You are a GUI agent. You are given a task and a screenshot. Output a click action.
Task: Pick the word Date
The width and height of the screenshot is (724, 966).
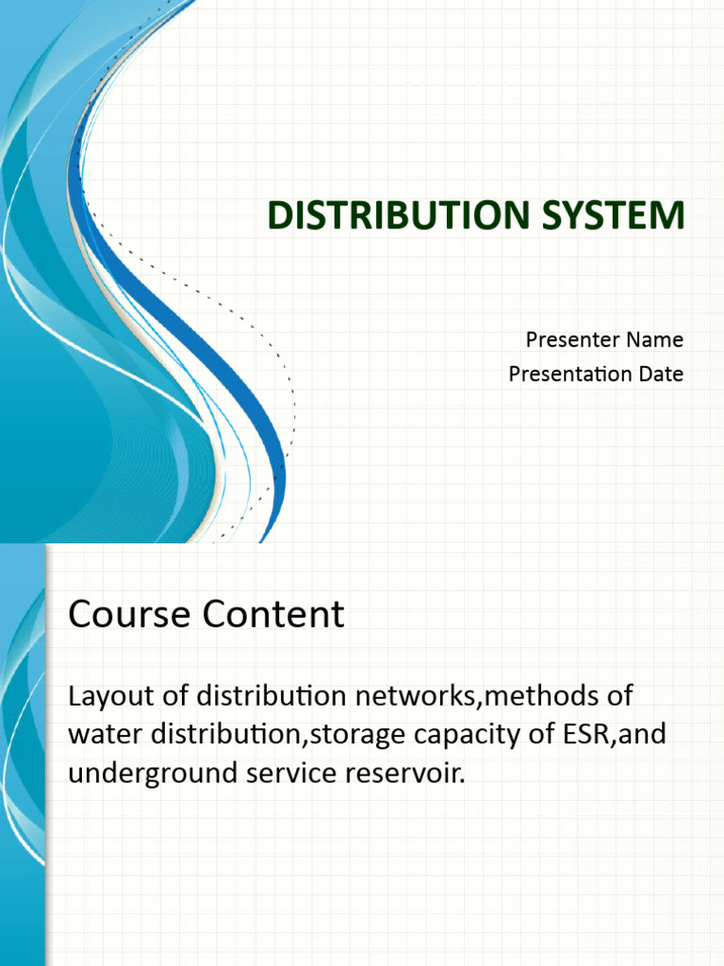coord(661,374)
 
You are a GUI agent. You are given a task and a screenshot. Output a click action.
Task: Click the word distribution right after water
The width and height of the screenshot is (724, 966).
coord(198,735)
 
